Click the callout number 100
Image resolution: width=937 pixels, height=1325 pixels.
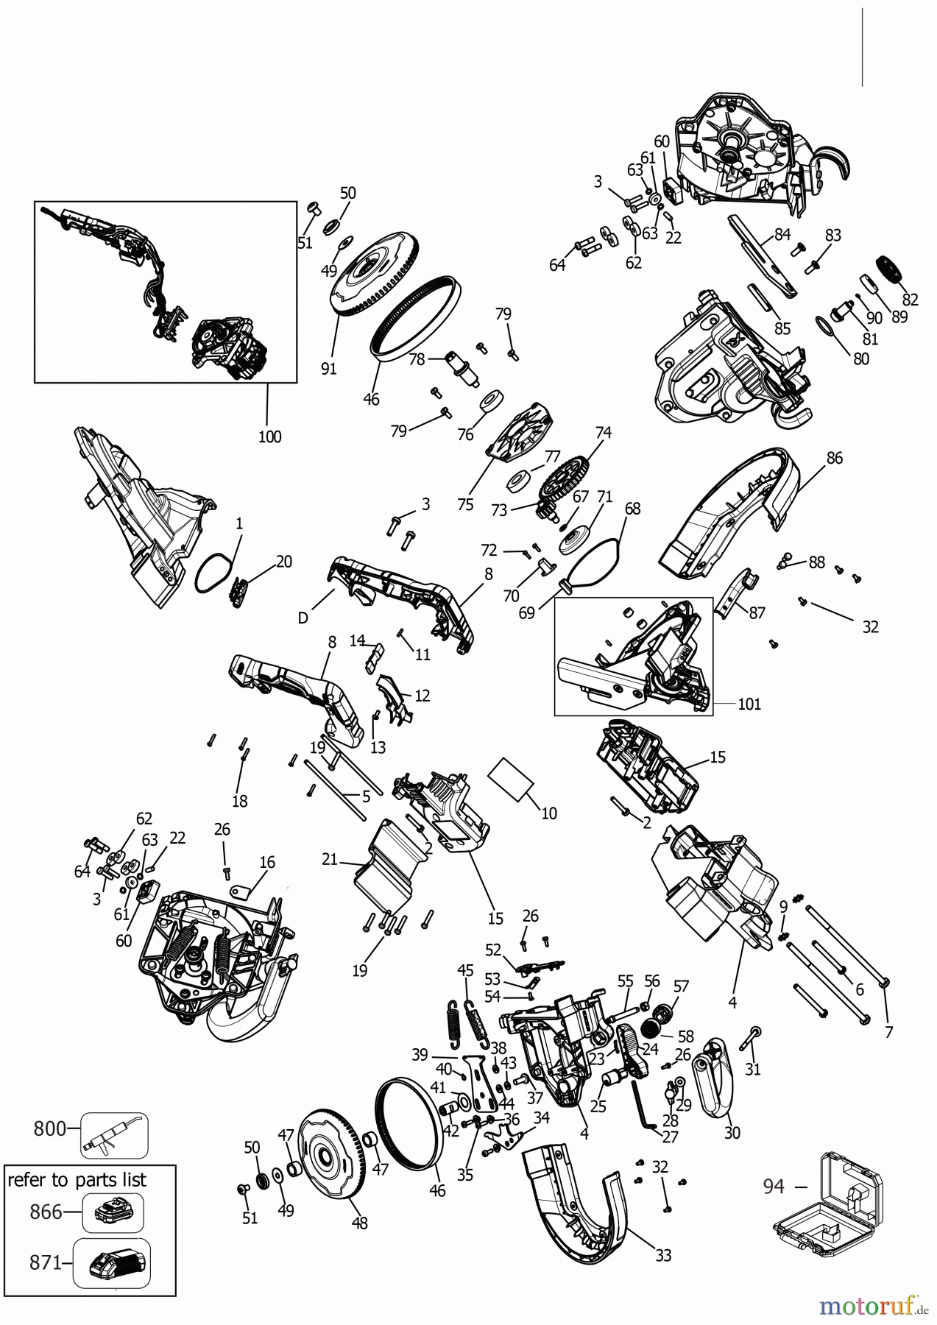pyautogui.click(x=269, y=437)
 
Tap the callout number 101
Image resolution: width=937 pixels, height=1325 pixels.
pyautogui.click(x=749, y=704)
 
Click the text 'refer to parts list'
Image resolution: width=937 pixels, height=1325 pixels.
pyautogui.click(x=77, y=1180)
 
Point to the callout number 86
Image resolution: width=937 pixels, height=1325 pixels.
pyautogui.click(x=834, y=458)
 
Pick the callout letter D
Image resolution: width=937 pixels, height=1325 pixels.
pyautogui.click(x=303, y=618)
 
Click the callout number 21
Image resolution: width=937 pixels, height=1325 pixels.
pyautogui.click(x=329, y=858)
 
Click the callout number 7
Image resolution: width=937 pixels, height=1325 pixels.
pyautogui.click(x=888, y=1032)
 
